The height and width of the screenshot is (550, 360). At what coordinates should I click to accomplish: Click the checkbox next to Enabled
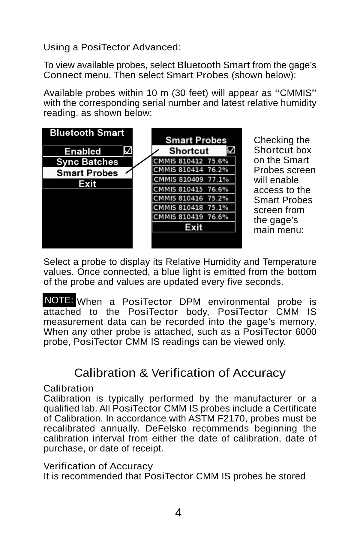pyautogui.click(x=128, y=150)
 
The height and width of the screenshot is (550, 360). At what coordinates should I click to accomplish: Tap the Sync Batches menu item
pyautogui.click(x=87, y=162)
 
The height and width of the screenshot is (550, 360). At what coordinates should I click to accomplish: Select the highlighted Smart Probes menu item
pyautogui.click(x=87, y=173)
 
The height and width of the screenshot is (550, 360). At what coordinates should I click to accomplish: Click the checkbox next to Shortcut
pyautogui.click(x=231, y=150)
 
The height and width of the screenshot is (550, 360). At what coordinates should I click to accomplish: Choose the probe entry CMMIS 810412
pyautogui.click(x=194, y=161)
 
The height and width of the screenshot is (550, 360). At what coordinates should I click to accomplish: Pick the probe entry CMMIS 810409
pyautogui.click(x=194, y=180)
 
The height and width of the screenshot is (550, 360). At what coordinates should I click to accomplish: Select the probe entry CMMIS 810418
pyautogui.click(x=194, y=207)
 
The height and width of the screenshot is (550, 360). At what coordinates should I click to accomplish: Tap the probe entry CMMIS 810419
pyautogui.click(x=194, y=217)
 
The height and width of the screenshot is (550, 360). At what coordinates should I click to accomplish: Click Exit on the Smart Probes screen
pyautogui.click(x=194, y=227)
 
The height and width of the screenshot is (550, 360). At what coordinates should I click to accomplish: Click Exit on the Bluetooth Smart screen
pyautogui.click(x=87, y=184)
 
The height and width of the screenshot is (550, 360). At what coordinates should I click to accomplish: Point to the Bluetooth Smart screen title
pyautogui.click(x=87, y=133)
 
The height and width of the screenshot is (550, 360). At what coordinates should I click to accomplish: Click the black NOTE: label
pyautogui.click(x=59, y=300)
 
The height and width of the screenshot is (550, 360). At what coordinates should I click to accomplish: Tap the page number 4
pyautogui.click(x=178, y=513)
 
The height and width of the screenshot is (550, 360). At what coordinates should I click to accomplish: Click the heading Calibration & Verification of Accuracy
pyautogui.click(x=180, y=373)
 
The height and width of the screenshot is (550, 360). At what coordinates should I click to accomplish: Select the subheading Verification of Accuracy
pyautogui.click(x=98, y=466)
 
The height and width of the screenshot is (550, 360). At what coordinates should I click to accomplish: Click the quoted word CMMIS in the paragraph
pyautogui.click(x=295, y=93)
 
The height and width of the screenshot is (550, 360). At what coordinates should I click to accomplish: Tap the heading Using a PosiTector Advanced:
pyautogui.click(x=112, y=47)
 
